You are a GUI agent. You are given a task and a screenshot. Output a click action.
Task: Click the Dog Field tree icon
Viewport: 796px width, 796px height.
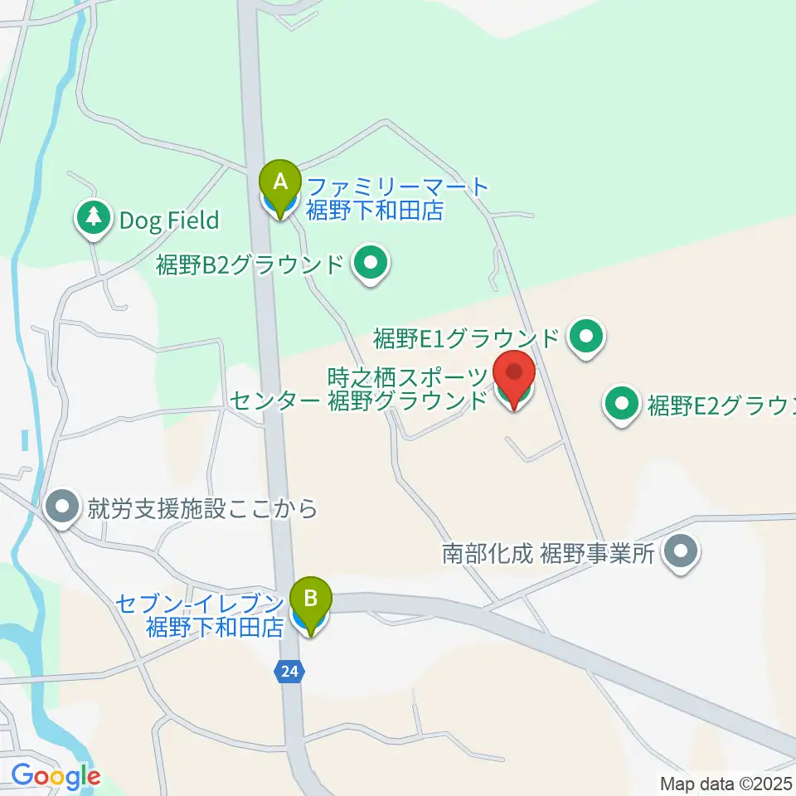click(94, 218)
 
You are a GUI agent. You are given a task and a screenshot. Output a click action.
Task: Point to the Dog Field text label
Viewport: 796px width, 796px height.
click(169, 221)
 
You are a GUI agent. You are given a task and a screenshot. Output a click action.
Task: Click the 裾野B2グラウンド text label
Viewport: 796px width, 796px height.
click(250, 265)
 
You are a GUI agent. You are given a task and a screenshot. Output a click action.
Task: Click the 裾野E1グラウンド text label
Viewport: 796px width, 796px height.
click(467, 338)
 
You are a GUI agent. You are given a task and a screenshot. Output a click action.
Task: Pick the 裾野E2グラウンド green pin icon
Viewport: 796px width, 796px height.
click(623, 405)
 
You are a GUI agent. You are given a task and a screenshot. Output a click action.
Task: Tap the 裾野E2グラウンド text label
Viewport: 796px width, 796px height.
click(721, 406)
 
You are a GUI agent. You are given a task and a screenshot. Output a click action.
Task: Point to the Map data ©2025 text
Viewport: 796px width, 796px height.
click(726, 783)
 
